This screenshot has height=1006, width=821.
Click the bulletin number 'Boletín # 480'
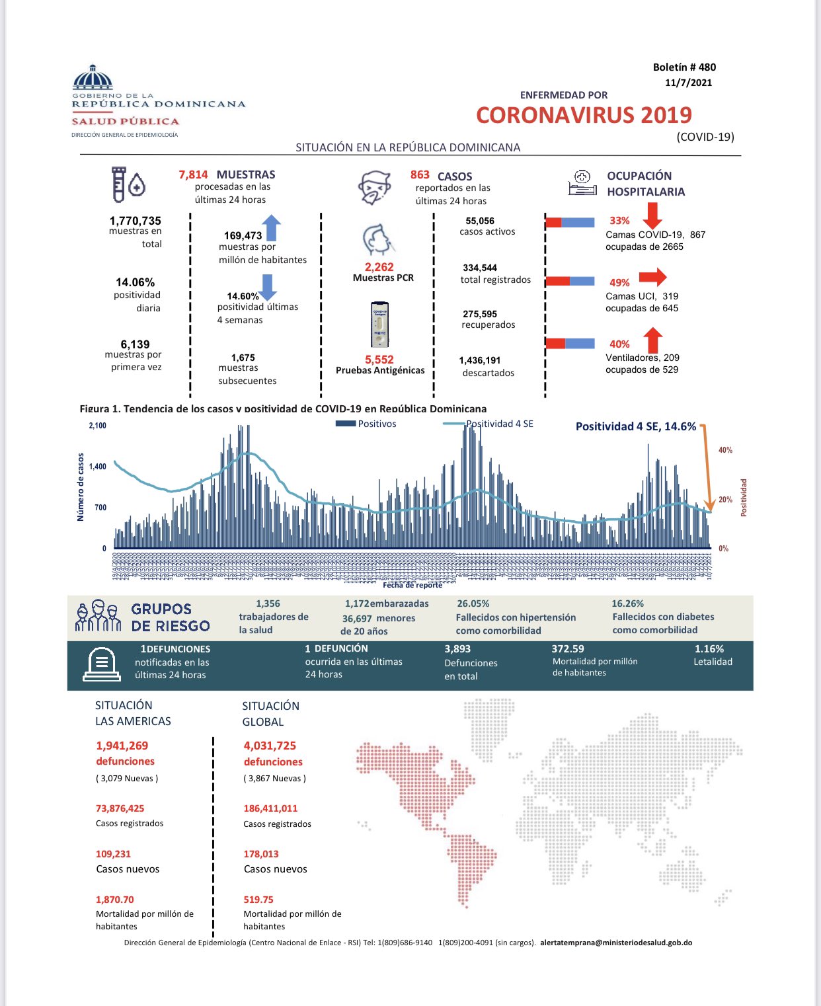684,67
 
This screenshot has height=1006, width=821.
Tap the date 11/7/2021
688,83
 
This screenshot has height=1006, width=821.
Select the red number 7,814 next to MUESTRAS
193,174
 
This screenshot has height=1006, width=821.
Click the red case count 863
420,175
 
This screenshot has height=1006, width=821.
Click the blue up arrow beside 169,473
272,227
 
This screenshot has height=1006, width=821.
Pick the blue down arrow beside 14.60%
267,287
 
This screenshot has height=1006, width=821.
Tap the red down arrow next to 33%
652,215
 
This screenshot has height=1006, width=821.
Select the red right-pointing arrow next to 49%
652,276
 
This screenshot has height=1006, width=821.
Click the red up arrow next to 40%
652,340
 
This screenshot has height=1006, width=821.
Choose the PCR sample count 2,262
379,267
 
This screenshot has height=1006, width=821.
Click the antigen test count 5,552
379,360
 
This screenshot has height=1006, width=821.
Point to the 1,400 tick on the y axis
97,467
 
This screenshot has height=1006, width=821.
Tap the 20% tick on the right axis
725,500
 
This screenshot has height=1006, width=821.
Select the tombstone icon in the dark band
101,664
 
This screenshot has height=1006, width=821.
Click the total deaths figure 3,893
457,649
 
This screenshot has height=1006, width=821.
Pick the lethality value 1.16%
709,649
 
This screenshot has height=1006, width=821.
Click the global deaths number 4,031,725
270,746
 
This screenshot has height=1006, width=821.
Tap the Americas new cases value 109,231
113,854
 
